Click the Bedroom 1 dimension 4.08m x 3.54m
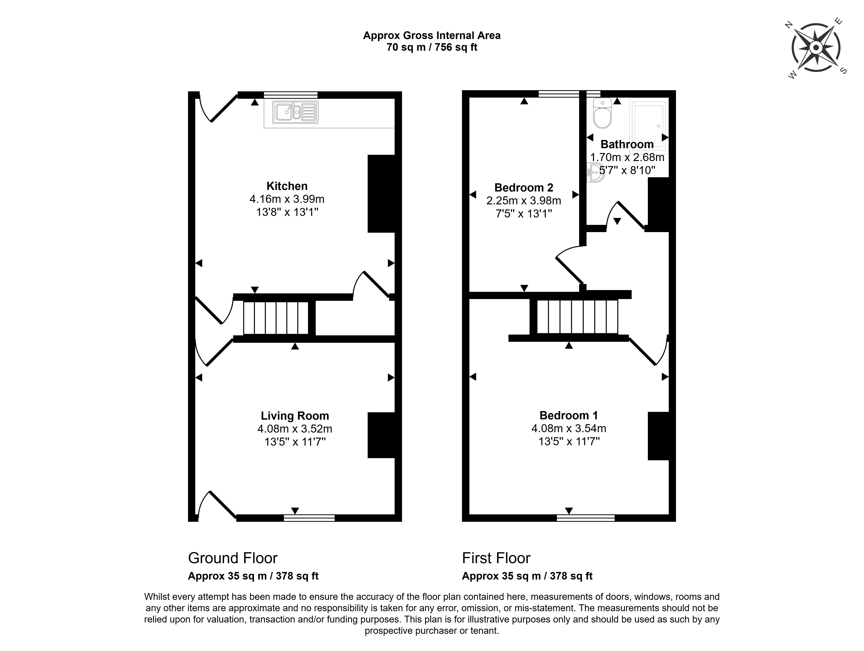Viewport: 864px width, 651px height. tap(569, 428)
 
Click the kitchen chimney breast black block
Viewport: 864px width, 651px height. tap(381, 194)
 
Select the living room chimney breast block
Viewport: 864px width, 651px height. tap(381, 435)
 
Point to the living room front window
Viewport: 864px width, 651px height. tap(309, 518)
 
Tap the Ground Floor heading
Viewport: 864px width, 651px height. tap(233, 558)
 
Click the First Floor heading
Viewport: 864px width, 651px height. tap(496, 558)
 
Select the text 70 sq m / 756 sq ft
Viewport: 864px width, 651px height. tap(432, 47)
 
